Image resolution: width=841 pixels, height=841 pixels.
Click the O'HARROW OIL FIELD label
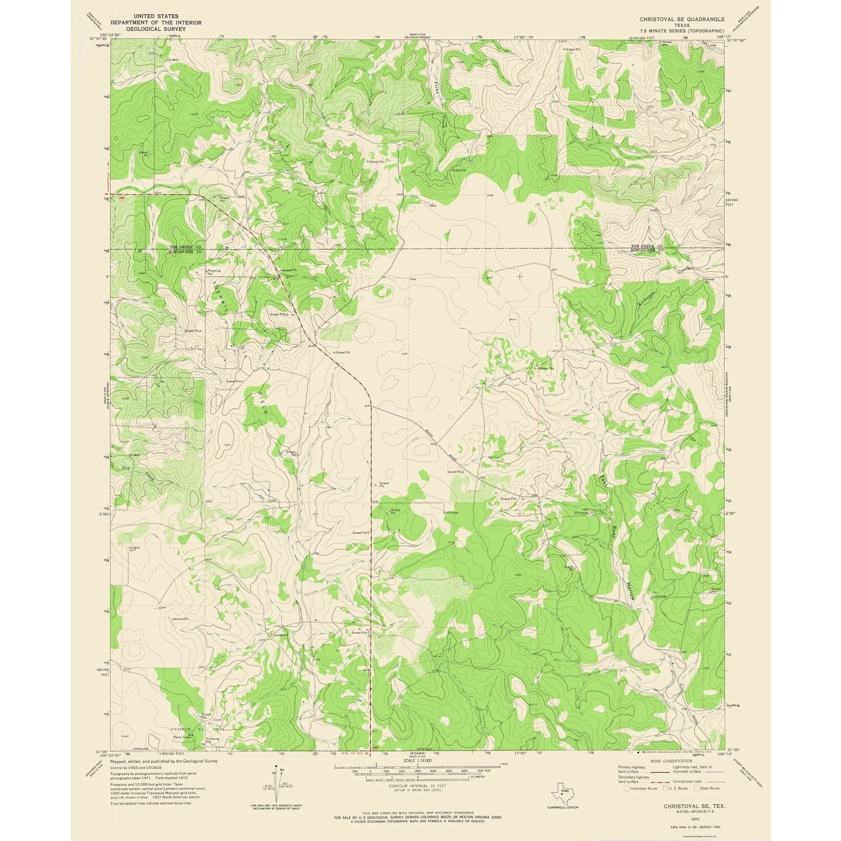(x=198, y=728)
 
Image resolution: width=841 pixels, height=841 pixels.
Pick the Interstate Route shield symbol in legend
(x=627, y=788)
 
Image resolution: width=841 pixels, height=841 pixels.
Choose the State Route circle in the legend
(x=696, y=788)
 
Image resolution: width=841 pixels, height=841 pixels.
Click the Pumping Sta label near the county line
(x=214, y=272)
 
